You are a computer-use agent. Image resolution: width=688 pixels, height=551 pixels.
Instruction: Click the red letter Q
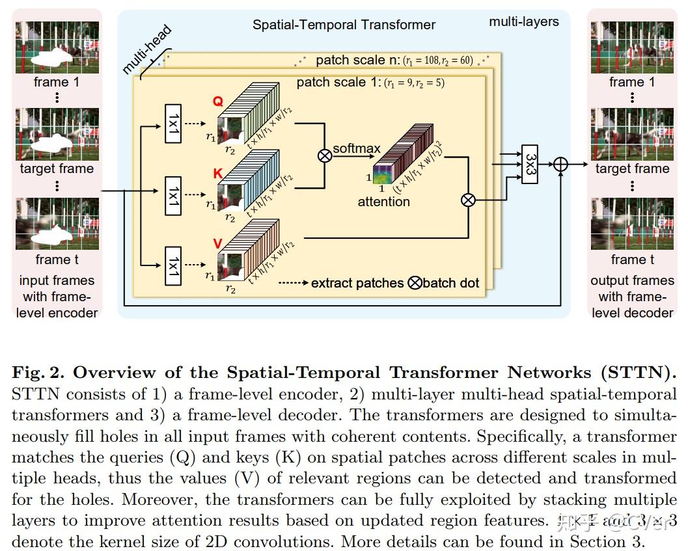[218, 101]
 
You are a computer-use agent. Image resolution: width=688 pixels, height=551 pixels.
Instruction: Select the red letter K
[218, 173]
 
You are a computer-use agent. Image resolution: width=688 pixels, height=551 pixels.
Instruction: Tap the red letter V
[218, 243]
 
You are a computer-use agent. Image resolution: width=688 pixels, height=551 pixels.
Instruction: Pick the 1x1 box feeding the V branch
[172, 265]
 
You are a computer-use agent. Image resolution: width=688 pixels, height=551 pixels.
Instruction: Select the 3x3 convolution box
[530, 164]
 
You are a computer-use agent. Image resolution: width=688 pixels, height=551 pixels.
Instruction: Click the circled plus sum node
[560, 165]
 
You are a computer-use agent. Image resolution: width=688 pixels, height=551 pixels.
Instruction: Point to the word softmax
[357, 149]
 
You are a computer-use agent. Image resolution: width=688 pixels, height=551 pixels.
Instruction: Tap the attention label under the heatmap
[384, 202]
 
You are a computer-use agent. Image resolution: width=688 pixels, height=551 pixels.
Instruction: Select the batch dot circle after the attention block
[468, 200]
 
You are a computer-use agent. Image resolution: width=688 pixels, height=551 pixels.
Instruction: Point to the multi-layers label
[524, 21]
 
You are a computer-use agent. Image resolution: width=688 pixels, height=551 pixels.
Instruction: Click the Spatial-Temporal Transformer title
[344, 25]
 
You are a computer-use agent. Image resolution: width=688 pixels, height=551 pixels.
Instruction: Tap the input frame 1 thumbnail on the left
[57, 47]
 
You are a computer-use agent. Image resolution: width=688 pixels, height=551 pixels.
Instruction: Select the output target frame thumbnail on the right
[632, 133]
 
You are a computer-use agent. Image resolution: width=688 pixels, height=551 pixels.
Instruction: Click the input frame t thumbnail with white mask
[57, 224]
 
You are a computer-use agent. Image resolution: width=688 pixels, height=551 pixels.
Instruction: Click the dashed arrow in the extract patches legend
[292, 283]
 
